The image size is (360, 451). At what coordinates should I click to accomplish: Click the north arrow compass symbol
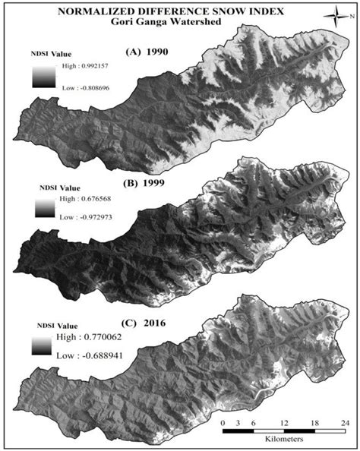[335, 14]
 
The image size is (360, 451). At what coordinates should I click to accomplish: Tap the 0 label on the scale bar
[223, 422]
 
